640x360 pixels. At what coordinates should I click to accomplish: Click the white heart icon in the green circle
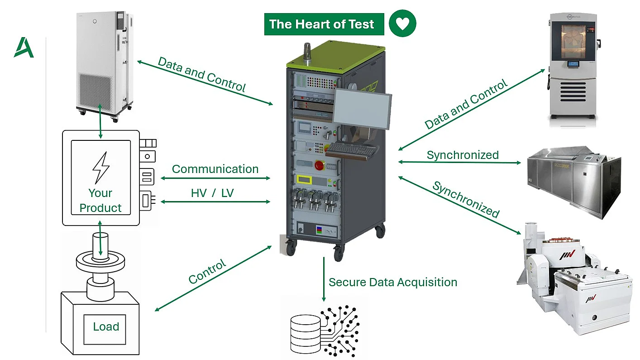(x=402, y=24)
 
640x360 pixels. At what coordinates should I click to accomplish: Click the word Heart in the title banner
(x=313, y=24)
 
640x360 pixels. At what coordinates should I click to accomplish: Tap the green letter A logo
(x=24, y=47)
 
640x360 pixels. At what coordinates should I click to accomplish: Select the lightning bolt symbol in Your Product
(x=100, y=168)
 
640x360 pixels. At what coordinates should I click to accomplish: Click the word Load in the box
(x=106, y=326)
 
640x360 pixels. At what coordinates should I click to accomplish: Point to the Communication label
(x=215, y=169)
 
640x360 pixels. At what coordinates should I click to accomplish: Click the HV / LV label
(x=212, y=193)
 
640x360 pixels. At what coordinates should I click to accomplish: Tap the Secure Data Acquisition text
(x=393, y=282)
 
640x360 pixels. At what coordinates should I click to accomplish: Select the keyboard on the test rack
(x=351, y=149)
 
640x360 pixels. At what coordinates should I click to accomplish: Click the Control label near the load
(x=207, y=271)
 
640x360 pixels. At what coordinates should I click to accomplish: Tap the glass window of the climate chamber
(x=573, y=42)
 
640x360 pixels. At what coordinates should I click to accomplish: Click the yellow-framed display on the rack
(x=304, y=179)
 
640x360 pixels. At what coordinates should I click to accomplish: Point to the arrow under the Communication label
(x=215, y=178)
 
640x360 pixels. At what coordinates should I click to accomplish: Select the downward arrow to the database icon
(x=324, y=279)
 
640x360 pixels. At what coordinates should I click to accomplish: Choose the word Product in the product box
(x=100, y=208)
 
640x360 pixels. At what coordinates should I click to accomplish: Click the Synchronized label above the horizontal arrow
(x=463, y=155)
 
